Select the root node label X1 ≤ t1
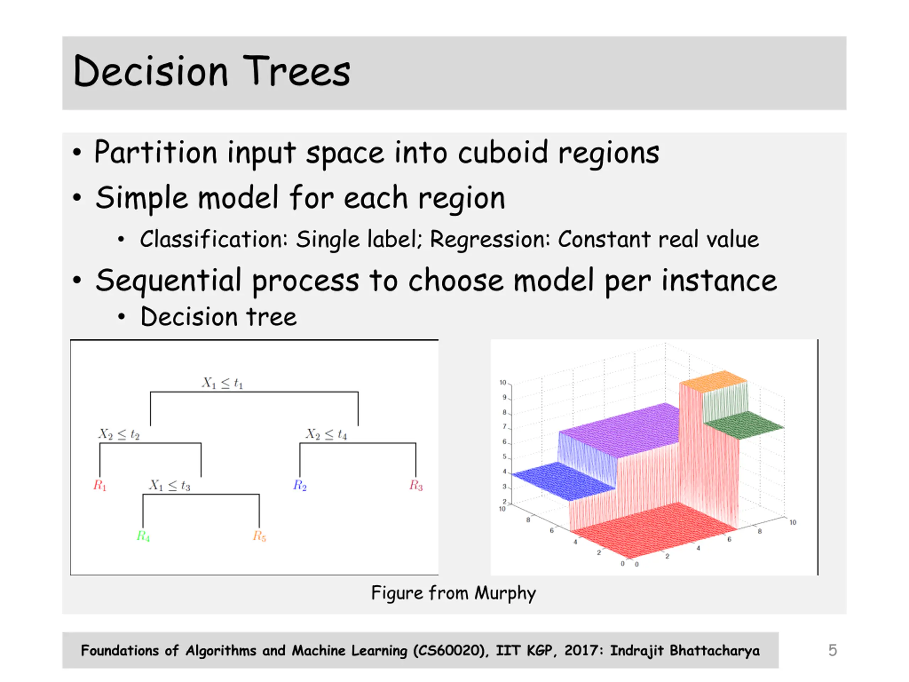tap(222, 383)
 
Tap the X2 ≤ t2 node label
tap(119, 434)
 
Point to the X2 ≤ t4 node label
tap(326, 434)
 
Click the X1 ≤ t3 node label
tap(170, 486)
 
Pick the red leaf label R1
tap(100, 486)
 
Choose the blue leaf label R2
tap(300, 486)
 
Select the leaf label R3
tap(416, 486)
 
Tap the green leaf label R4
tap(143, 536)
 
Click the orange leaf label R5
tap(259, 536)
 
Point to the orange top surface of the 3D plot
tap(713, 381)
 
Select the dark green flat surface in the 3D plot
tap(743, 425)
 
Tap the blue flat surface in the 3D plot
tap(564, 481)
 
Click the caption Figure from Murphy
tap(454, 593)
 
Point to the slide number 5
tap(833, 650)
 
